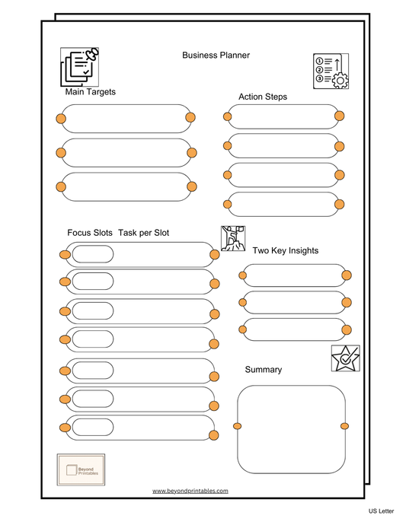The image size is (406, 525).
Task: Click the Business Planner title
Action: coord(216,56)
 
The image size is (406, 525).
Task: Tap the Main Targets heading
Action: coord(90,92)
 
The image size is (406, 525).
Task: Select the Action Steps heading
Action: coord(263,97)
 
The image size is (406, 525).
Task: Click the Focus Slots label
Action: coord(89,233)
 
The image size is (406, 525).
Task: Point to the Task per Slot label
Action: coord(143,233)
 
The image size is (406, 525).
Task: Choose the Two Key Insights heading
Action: coord(285,250)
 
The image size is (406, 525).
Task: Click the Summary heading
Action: coord(263,370)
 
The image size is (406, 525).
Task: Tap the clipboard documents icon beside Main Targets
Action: coord(80,66)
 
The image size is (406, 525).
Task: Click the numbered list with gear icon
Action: coord(331,71)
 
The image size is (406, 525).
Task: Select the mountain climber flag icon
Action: coord(233,239)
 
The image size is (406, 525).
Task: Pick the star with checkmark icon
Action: coord(345,358)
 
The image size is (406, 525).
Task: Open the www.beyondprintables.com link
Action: coord(190,492)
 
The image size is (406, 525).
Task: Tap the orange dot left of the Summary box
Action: coord(237,425)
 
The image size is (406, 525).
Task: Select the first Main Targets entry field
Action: coord(126,118)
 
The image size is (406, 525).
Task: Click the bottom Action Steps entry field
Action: coord(282,204)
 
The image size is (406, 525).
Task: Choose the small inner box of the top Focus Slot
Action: coord(92,254)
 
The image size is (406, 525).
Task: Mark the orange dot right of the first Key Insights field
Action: coord(347,275)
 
